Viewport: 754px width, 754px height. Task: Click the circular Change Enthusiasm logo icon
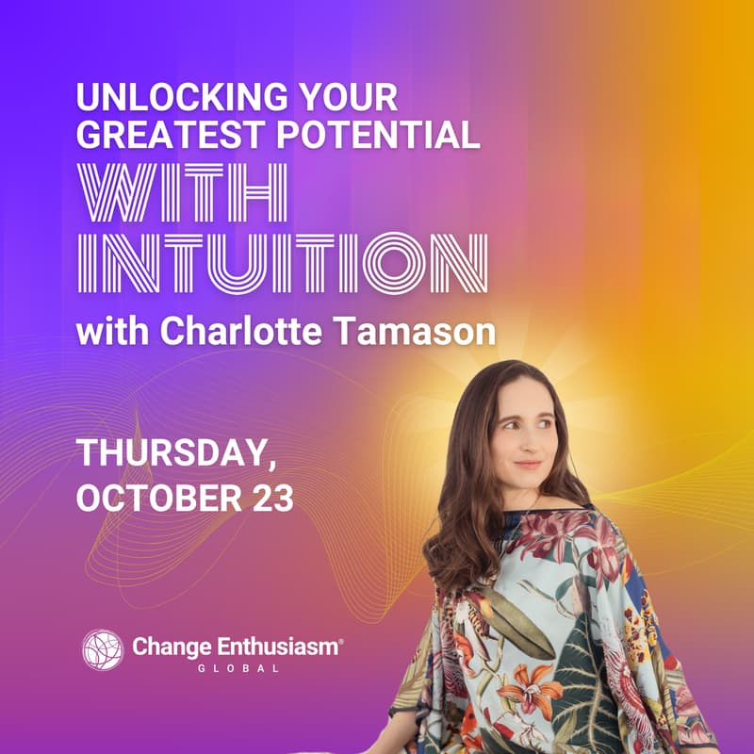103,649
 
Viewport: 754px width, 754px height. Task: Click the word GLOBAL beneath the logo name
239,668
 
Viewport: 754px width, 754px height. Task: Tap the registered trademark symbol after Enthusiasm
340,640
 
